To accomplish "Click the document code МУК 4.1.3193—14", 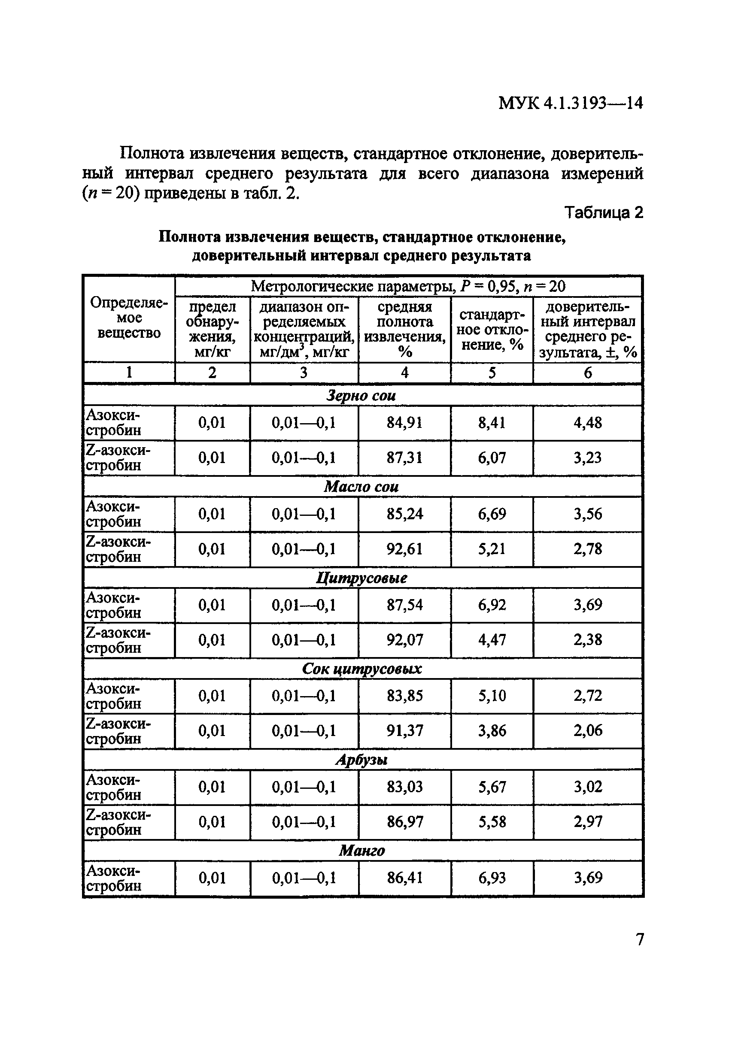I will (x=570, y=103).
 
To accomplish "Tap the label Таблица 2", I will (x=603, y=212).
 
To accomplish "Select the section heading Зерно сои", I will (x=361, y=396).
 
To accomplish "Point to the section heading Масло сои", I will (x=361, y=487).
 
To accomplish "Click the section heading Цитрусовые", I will (x=361, y=578).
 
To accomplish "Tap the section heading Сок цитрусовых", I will (x=361, y=669).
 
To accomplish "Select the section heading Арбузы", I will (x=361, y=760).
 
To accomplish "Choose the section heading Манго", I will (x=361, y=851).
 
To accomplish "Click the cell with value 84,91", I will (x=404, y=423).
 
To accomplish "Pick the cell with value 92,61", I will (x=404, y=549).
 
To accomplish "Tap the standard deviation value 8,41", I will (x=492, y=423).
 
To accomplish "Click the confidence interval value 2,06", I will (x=587, y=730).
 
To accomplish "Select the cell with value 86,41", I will (x=404, y=878).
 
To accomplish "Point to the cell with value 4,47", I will (x=492, y=640).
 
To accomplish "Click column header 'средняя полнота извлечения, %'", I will (x=404, y=329).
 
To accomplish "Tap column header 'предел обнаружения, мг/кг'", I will (x=212, y=329).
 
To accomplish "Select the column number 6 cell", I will (x=587, y=373).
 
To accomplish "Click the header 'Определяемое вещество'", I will (x=129, y=318).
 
